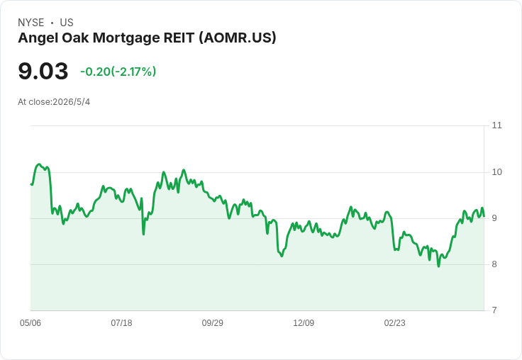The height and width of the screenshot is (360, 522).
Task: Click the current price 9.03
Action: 43,71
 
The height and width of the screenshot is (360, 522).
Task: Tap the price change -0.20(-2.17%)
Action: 118,72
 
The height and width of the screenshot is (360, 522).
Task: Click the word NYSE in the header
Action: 31,23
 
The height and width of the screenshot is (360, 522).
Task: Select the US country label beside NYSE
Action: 67,23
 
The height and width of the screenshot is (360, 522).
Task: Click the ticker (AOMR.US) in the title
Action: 238,38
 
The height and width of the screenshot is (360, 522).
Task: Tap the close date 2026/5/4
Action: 71,102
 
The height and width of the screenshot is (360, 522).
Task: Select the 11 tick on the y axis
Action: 496,125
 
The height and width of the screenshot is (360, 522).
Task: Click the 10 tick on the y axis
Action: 496,172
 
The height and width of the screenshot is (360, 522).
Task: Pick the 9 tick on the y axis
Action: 494,218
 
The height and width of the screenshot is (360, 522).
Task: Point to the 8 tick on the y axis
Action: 494,264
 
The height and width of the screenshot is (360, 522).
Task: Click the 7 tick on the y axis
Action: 494,310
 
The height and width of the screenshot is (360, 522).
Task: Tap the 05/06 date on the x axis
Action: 30,323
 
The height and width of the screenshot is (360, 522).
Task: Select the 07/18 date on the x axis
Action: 121,323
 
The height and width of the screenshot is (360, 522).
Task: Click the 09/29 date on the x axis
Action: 212,323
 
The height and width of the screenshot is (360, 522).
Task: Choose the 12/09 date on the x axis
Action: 304,323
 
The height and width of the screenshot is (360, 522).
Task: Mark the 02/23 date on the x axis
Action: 395,323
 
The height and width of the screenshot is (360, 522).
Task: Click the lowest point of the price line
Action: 438,266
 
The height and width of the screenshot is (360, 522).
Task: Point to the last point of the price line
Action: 484,216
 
